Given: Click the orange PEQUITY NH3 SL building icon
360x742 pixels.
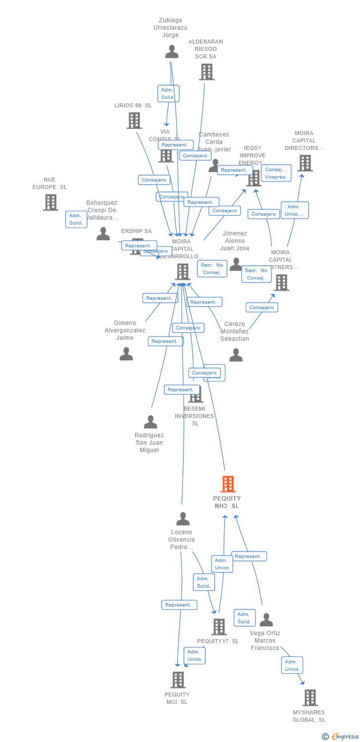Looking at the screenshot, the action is point(227,484).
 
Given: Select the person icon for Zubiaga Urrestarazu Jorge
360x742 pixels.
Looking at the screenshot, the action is point(172,51).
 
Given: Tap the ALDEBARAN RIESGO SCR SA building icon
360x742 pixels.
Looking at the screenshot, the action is point(206,72).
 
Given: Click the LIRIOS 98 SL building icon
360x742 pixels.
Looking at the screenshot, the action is point(134,120).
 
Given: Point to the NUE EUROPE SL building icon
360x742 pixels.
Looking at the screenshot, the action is point(50,202).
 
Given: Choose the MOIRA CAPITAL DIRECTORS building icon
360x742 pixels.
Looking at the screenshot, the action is point(305,163).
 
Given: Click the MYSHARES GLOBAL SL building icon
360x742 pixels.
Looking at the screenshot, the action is point(310,697).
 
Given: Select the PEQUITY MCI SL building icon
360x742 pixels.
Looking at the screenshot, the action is point(178,680).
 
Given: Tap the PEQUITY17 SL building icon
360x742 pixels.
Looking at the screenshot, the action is point(219,627).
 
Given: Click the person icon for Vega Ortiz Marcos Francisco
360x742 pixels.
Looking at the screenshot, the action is point(266,620).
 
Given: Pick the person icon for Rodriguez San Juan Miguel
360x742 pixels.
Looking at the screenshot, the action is point(150,422).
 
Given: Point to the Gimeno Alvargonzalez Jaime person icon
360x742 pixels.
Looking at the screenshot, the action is point(126,354).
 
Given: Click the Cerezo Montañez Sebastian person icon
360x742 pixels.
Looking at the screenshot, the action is point(236,355).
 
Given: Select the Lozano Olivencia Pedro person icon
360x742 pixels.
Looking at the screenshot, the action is point(183,519).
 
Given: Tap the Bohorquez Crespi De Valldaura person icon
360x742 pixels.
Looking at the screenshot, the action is point(103,233).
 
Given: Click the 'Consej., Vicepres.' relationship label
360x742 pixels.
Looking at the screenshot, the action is point(276,173).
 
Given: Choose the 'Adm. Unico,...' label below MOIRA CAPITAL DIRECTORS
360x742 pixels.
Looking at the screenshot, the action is point(295,210).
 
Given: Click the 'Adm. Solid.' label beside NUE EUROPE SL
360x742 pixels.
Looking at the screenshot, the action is point(76,219).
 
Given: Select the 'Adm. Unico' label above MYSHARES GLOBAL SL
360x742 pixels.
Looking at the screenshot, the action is point(292,665).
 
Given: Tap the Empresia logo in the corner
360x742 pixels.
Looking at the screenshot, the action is point(342,736).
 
